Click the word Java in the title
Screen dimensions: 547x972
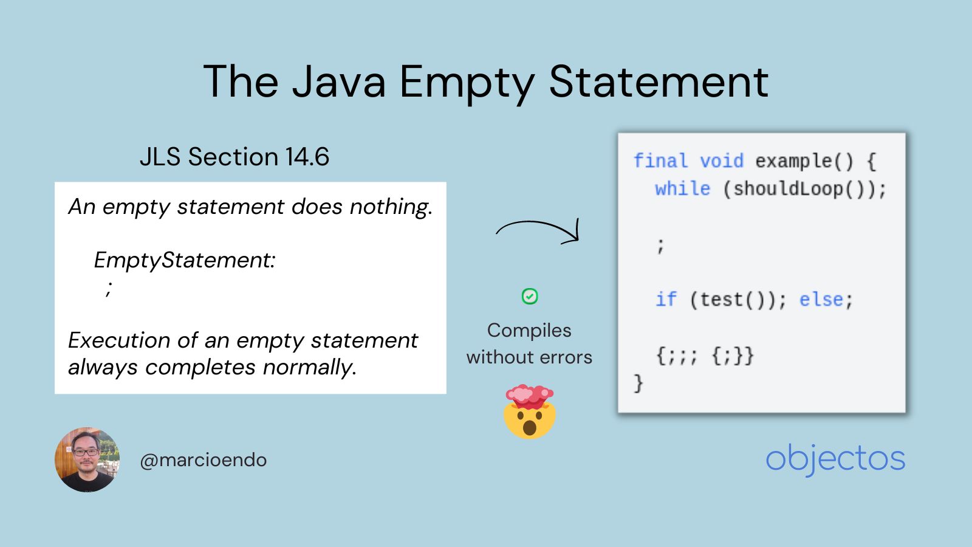(x=338, y=81)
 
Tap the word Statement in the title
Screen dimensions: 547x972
(x=659, y=81)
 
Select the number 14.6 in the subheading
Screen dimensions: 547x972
(x=307, y=157)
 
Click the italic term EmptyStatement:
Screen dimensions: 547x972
(x=184, y=260)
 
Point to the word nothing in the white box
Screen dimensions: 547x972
(x=390, y=207)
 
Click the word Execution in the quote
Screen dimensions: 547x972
(x=119, y=340)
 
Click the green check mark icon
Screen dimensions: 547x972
(x=530, y=297)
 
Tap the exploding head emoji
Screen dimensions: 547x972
(x=530, y=411)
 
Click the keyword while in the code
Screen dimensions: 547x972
(x=682, y=188)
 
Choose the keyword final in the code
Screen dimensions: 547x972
(x=660, y=161)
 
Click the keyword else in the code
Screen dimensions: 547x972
(x=821, y=300)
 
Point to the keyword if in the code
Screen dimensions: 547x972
(x=665, y=300)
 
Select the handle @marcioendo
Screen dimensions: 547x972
(x=203, y=460)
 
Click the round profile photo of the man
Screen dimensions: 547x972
(x=87, y=459)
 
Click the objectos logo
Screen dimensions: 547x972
(x=835, y=459)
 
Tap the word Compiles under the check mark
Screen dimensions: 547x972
(x=529, y=330)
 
